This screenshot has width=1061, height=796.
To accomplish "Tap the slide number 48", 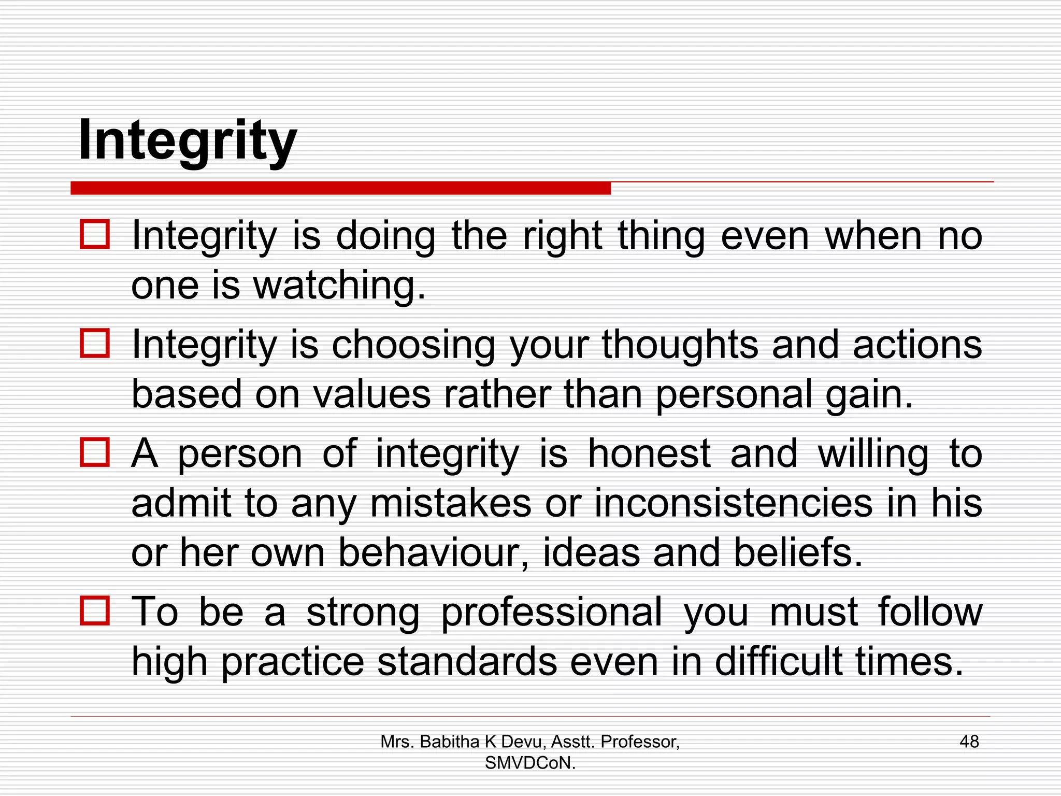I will pyautogui.click(x=969, y=742).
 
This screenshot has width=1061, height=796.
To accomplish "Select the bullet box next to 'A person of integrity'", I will pyautogui.click(x=95, y=452).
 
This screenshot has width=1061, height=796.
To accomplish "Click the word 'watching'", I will pyautogui.click(x=339, y=286).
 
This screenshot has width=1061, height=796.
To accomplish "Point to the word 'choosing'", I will pyautogui.click(x=413, y=345).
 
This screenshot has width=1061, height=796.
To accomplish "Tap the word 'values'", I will pyautogui.click(x=372, y=394).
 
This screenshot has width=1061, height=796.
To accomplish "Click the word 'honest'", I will pyautogui.click(x=649, y=453).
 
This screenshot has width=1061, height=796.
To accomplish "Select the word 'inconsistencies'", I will pyautogui.click(x=733, y=503).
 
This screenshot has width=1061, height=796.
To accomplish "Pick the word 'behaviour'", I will pyautogui.click(x=434, y=552).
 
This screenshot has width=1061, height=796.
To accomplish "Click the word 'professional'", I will pyautogui.click(x=552, y=613).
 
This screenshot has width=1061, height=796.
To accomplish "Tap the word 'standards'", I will pyautogui.click(x=467, y=662).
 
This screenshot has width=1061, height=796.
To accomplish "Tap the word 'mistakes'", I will pyautogui.click(x=451, y=503).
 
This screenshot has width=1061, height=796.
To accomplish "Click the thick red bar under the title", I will pyautogui.click(x=340, y=188).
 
